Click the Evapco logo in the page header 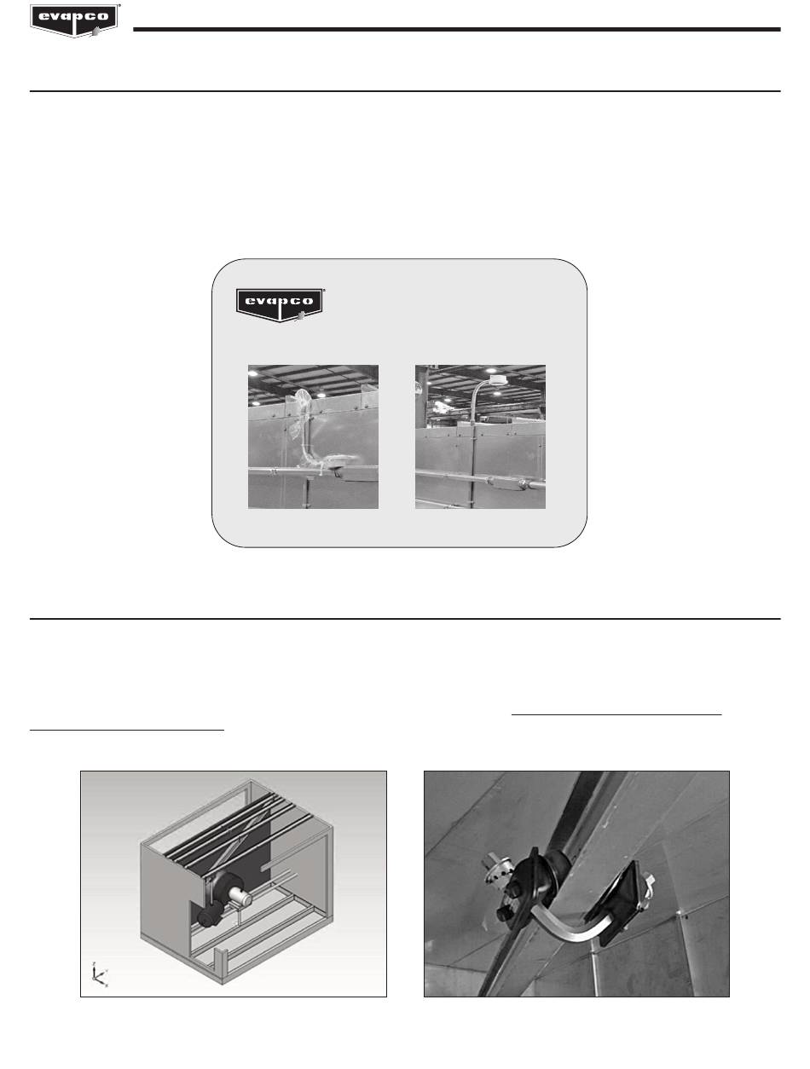tap(75, 20)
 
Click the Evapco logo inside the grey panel tap(280, 305)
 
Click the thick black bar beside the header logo tap(456, 30)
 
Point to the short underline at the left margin tap(127, 730)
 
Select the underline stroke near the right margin tap(616, 714)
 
